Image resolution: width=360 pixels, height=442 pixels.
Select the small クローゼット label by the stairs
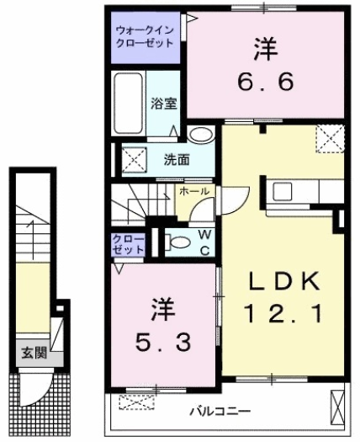point(128,246)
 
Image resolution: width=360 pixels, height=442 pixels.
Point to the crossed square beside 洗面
point(130,157)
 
